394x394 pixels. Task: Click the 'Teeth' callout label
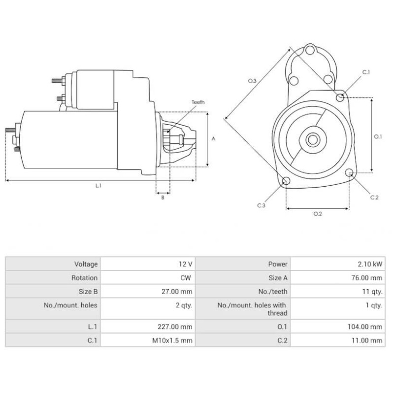point(198,102)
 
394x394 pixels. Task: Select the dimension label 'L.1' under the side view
point(98,186)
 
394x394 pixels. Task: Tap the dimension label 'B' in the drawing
point(163,197)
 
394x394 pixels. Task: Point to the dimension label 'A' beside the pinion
point(213,139)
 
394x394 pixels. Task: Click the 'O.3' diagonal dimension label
point(252,80)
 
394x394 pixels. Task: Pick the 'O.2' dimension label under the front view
point(317,213)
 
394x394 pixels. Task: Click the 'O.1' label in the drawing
point(378,136)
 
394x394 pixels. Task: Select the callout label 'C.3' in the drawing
point(261,205)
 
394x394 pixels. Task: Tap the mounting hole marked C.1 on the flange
point(340,97)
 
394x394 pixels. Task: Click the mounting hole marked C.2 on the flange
point(350,173)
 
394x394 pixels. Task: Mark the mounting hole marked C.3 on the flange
point(285,182)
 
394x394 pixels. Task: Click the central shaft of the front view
point(313,139)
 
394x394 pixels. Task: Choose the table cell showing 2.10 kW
point(371,264)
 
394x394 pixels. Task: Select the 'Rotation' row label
point(84,278)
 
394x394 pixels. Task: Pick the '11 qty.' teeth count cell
point(372,292)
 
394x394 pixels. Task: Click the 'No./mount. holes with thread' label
point(252,309)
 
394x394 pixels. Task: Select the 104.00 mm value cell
point(364,327)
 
